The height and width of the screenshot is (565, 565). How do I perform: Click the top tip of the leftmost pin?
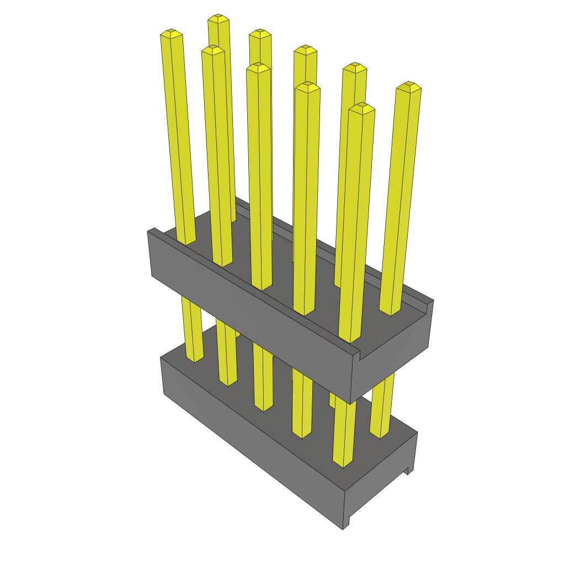point(172,34)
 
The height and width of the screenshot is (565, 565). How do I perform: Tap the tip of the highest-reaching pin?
point(218,18)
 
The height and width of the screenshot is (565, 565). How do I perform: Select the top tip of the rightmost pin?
point(409,86)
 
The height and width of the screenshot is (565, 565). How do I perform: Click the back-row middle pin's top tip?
point(305,50)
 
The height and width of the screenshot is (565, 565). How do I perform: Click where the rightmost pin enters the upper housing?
point(391,312)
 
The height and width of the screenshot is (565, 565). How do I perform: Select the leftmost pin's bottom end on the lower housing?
point(194,359)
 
